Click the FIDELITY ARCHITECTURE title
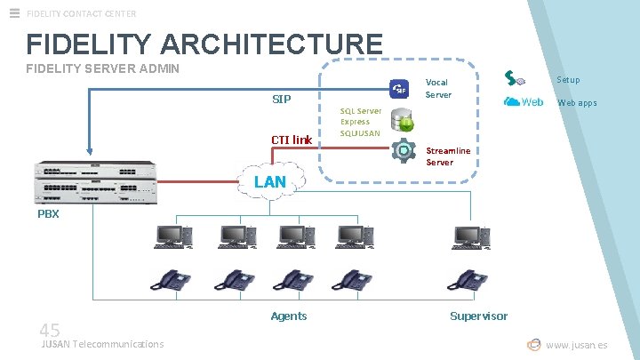pos(204,44)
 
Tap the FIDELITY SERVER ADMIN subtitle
pos(103,68)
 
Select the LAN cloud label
pos(270,181)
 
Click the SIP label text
pos(281,99)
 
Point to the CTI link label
pos(292,140)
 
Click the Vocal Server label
pos(438,88)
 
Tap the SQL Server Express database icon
pos(403,117)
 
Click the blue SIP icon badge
pos(399,89)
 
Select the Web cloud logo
pos(524,101)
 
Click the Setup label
pos(568,80)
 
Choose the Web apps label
pos(577,102)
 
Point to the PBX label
pos(48,214)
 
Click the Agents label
pos(289,316)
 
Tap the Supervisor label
pos(478,316)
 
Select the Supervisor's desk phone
pos(468,280)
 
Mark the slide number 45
pos(50,330)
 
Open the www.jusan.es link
pos(577,345)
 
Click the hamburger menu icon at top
pos(13,13)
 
